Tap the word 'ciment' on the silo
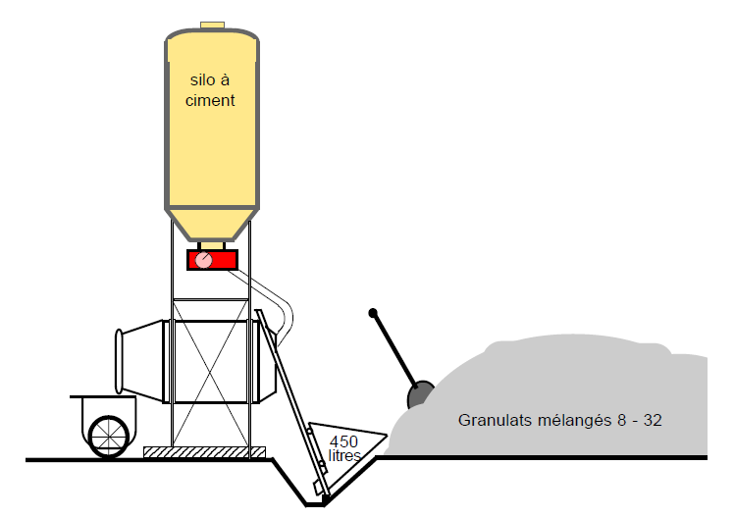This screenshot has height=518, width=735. [210, 100]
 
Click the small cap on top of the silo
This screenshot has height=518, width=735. [212, 25]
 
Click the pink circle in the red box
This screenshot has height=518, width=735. [202, 260]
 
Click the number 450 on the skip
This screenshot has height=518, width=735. [343, 440]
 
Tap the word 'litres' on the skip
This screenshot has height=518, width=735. [345, 455]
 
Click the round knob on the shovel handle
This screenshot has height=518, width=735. [373, 314]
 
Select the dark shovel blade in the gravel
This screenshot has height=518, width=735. [420, 394]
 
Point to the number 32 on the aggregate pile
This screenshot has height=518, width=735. [653, 421]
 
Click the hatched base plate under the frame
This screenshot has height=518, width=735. [204, 452]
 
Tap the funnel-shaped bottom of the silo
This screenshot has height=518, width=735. [211, 225]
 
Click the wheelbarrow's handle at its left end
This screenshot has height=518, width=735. [75, 397]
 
